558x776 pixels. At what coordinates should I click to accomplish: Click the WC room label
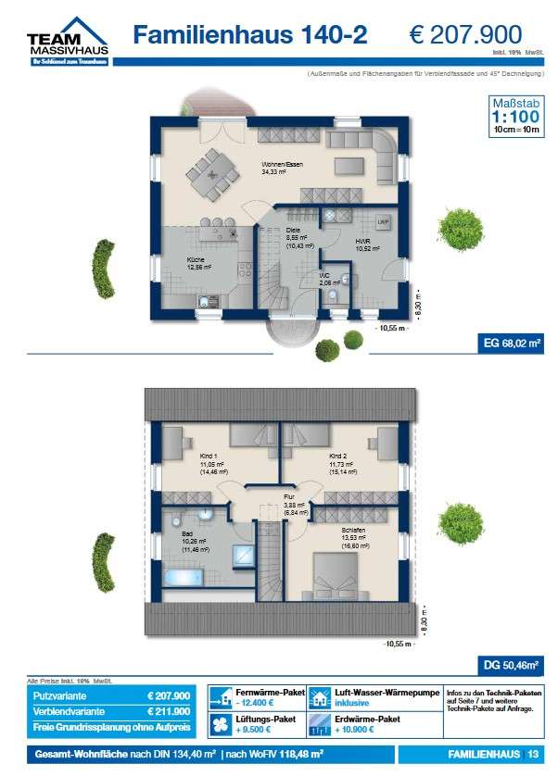click(x=325, y=275)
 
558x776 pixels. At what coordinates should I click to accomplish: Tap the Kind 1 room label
click(x=208, y=457)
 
